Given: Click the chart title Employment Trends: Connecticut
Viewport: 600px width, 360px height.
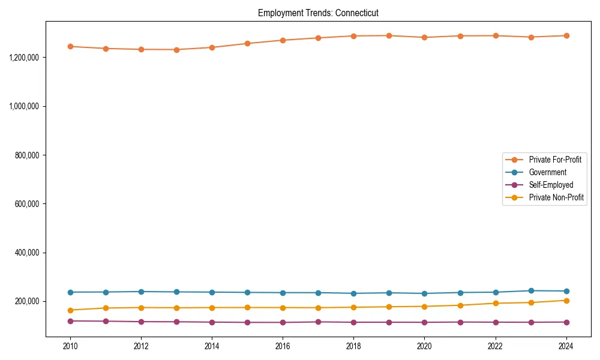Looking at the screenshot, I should [x=318, y=13].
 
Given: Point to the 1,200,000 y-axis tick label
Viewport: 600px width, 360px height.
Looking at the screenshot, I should [x=24, y=58].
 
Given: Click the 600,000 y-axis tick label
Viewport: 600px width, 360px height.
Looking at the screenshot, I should [x=26, y=204].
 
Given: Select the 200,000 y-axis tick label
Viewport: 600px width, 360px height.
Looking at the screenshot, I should [x=26, y=301].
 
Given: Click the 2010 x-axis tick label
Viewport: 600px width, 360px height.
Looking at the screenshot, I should [x=70, y=346].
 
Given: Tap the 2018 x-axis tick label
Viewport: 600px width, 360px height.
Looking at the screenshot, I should [x=353, y=346].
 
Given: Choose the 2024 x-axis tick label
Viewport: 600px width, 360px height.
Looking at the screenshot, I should [x=566, y=346].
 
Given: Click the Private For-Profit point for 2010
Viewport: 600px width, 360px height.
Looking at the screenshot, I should [x=70, y=46].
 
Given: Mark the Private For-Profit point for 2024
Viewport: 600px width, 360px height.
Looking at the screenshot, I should [x=566, y=35].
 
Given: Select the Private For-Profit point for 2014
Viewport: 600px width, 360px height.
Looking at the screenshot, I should [x=212, y=47].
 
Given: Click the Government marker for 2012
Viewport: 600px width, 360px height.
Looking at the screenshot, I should [x=141, y=292].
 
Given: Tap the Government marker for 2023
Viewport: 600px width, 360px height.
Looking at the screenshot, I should [x=530, y=290].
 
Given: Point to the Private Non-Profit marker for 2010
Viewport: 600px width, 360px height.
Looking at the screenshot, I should [x=70, y=310].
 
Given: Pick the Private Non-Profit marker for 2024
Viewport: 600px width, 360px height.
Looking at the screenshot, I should [x=566, y=301].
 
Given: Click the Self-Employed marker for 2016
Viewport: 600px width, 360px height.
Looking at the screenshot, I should [x=283, y=322].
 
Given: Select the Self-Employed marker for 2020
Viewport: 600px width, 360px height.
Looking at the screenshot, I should [x=424, y=322].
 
